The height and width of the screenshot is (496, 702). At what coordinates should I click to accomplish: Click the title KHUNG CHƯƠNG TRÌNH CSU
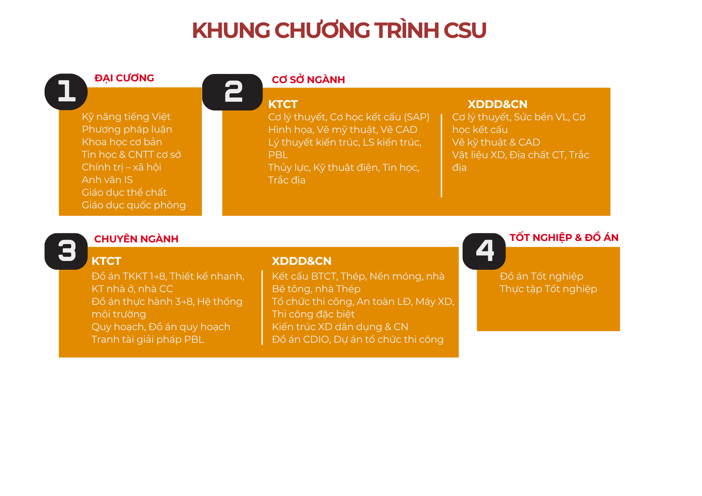(339, 30)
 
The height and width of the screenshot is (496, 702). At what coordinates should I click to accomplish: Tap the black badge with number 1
(66, 92)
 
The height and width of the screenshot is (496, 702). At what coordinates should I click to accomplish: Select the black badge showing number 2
(232, 92)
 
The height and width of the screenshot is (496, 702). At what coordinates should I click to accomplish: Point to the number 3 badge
(66, 252)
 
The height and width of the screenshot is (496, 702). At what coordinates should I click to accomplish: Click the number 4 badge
(484, 252)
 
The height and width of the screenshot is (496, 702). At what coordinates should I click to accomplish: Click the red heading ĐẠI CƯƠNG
(124, 78)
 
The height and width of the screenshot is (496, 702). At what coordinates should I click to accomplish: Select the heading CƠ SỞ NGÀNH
(308, 80)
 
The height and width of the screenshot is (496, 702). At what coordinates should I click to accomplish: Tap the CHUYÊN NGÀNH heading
(136, 239)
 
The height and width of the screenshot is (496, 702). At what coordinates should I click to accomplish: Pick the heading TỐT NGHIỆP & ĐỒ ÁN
(564, 237)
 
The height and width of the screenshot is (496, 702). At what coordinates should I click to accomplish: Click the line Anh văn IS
(107, 180)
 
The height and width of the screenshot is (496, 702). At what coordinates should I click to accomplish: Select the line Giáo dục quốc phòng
(134, 205)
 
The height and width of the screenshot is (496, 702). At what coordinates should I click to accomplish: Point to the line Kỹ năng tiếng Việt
(126, 117)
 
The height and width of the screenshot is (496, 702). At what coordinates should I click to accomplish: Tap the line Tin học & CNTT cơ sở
(131, 154)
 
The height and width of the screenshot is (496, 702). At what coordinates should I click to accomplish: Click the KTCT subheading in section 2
(283, 104)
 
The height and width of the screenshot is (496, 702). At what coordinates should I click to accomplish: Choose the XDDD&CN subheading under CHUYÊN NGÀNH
(302, 261)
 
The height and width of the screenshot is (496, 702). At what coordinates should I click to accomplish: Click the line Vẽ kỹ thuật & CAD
(496, 142)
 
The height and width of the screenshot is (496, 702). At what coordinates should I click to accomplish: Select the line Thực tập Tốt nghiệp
(548, 289)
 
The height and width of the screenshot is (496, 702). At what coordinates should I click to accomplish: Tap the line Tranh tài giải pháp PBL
(148, 340)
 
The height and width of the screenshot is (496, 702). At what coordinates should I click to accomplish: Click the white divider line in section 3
(262, 307)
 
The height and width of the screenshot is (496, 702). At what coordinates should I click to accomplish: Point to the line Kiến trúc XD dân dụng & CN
(340, 327)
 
